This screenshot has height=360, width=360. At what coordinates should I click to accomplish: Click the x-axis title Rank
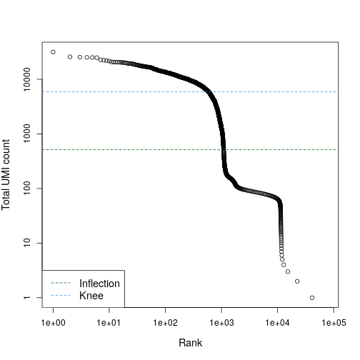(190, 343)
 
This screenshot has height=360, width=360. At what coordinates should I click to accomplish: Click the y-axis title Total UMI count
(6, 175)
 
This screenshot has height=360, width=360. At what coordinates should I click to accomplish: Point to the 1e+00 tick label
(53, 323)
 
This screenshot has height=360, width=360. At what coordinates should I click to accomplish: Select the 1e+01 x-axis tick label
(109, 323)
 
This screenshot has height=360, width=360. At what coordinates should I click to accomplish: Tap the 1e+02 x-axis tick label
(165, 323)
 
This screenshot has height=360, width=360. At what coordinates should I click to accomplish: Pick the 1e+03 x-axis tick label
(221, 323)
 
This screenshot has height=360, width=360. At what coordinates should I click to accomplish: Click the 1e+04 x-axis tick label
(277, 323)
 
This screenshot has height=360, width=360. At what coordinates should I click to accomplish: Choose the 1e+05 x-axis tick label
(334, 323)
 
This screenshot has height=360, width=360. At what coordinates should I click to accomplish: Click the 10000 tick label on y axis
(27, 79)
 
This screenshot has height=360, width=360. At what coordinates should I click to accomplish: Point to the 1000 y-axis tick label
(27, 134)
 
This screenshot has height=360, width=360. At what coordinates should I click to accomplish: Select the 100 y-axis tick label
(27, 189)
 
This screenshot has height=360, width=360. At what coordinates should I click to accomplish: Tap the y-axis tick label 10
(27, 243)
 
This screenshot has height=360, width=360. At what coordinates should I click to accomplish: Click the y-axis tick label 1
(27, 298)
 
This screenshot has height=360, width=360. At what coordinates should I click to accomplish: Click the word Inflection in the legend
(99, 284)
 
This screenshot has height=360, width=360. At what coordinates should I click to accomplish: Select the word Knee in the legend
(91, 296)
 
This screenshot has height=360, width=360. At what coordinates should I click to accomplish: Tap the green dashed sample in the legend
(61, 283)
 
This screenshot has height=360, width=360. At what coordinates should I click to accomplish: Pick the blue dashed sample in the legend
(61, 296)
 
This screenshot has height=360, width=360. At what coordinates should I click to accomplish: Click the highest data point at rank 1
(53, 52)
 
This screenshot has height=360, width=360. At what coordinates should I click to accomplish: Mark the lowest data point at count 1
(312, 298)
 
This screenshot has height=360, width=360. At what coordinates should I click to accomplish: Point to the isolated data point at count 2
(297, 281)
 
